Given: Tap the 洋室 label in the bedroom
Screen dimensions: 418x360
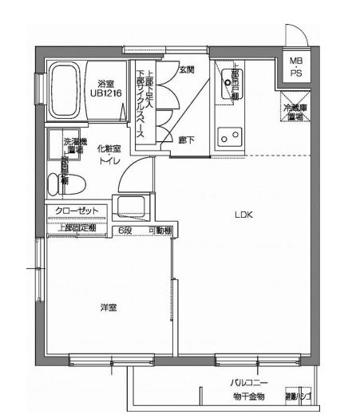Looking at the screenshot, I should pos(109,307).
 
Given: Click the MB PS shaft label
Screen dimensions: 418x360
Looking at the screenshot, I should pos(296,67).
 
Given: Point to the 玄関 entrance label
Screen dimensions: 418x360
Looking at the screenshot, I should pos(188,69).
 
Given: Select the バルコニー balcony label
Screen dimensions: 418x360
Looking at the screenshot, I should pos(246,383).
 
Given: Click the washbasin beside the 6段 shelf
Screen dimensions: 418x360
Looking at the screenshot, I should pos(129,207).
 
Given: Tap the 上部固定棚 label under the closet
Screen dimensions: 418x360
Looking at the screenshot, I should pos(77,228).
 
